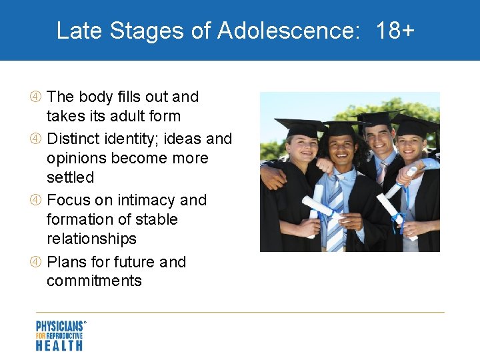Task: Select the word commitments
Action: [x=94, y=281]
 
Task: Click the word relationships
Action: [x=91, y=239]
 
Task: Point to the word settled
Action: [x=70, y=177]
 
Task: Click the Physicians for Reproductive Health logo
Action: [x=61, y=335]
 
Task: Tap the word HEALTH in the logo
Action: [x=59, y=345]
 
